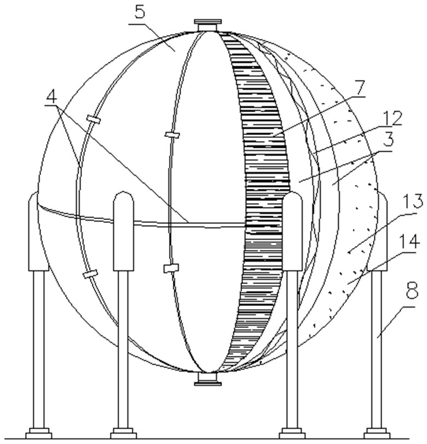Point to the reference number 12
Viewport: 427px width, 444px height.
click(x=393, y=118)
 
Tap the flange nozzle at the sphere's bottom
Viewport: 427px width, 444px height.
click(x=208, y=378)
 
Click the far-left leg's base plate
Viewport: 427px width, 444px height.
click(x=39, y=433)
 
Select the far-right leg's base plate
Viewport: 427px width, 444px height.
click(x=377, y=433)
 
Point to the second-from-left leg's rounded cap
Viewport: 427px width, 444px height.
click(x=124, y=200)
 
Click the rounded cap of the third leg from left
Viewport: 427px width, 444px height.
click(x=293, y=200)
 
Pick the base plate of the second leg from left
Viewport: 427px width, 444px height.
click(x=124, y=433)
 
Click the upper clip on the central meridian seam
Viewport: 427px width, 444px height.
click(x=172, y=135)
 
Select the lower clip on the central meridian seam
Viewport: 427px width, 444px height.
click(x=171, y=268)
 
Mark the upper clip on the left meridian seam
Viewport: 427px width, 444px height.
click(x=93, y=119)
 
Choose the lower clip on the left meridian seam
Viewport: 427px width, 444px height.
click(x=90, y=273)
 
